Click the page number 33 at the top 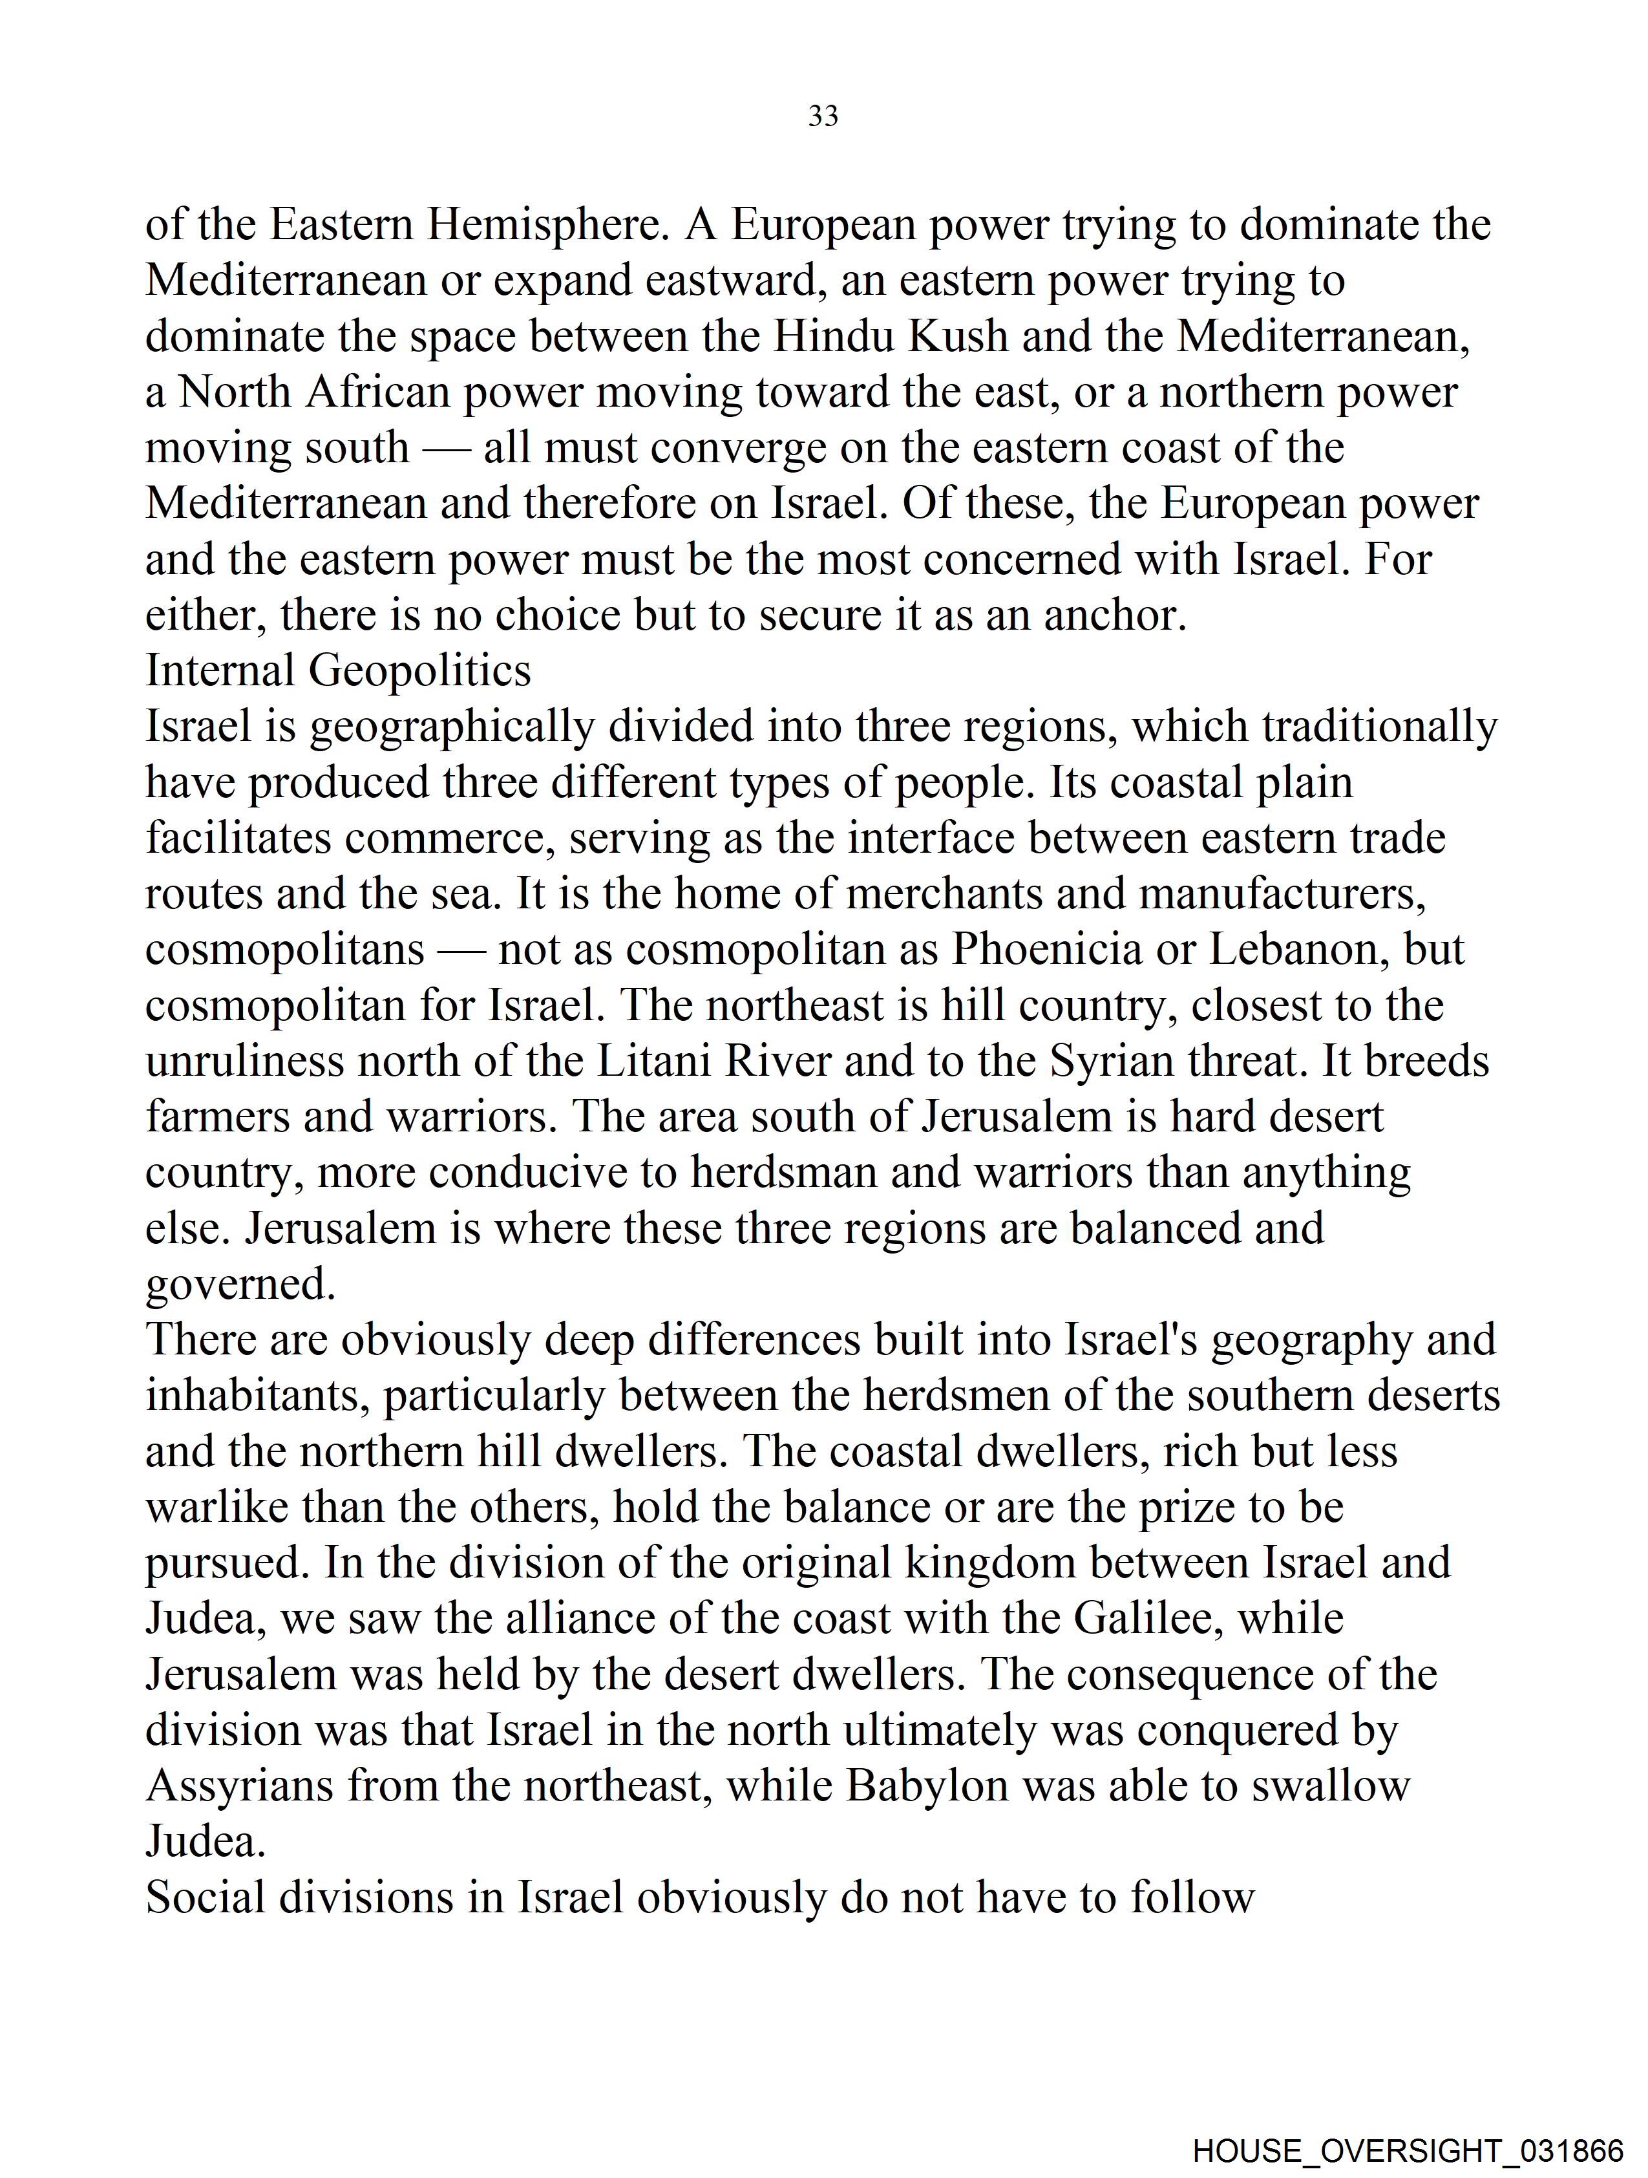pyautogui.click(x=823, y=116)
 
